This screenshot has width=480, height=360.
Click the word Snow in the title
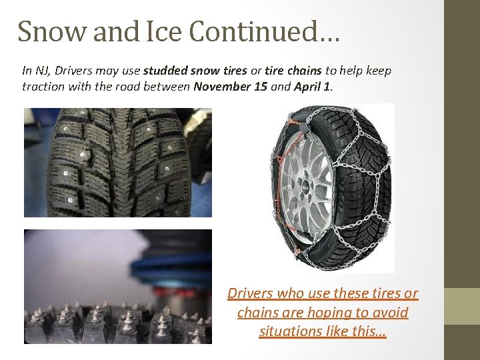(x=46, y=31)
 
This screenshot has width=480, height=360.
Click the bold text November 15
(x=230, y=87)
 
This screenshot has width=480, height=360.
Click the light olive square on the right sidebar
(x=462, y=306)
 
